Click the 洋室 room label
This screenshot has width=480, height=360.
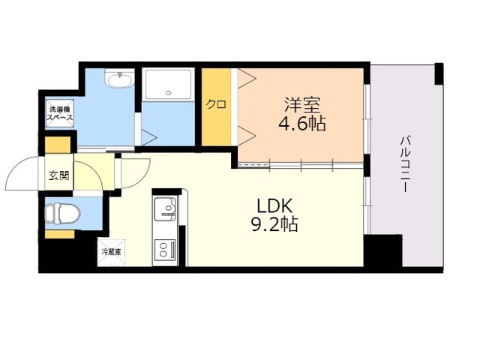tap(302, 105)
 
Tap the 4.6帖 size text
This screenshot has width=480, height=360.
tap(301, 123)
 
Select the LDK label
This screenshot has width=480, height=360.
tap(274, 206)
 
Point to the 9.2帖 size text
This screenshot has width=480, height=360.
tap(274, 224)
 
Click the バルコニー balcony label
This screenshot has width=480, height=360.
tap(405, 164)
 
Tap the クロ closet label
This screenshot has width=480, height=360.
tap(216, 104)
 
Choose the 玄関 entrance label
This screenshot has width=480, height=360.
tap(58, 175)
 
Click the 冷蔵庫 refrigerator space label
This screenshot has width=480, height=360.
tap(111, 252)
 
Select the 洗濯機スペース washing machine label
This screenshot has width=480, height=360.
tap(59, 113)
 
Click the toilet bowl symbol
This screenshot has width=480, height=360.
tap(62, 213)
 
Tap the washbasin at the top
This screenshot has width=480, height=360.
tap(119, 79)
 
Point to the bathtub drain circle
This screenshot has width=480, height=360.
tap(168, 93)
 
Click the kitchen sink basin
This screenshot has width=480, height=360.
tap(165, 209)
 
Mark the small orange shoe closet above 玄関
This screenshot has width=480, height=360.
tap(58, 145)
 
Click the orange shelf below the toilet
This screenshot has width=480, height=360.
tap(60, 234)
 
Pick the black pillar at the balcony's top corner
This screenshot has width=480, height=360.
tap(439, 73)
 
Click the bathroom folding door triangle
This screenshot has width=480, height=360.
tap(149, 136)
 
